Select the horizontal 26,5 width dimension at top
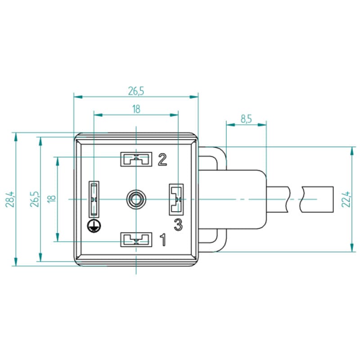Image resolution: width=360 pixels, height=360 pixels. coord(136,91)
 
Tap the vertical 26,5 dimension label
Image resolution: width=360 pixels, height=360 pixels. coord(35,199)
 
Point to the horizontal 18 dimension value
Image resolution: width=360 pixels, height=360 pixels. coord(136,109)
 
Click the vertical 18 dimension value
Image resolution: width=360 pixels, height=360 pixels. coord(52,199)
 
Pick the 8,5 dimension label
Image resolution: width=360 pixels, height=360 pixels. coord(246,119)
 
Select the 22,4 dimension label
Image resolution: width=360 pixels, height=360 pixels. coord(346,199)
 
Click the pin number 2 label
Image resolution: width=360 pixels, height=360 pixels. coord(162,160)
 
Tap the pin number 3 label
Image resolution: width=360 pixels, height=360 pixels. coord(178,225)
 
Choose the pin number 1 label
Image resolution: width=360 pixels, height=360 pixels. coord(163,240)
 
